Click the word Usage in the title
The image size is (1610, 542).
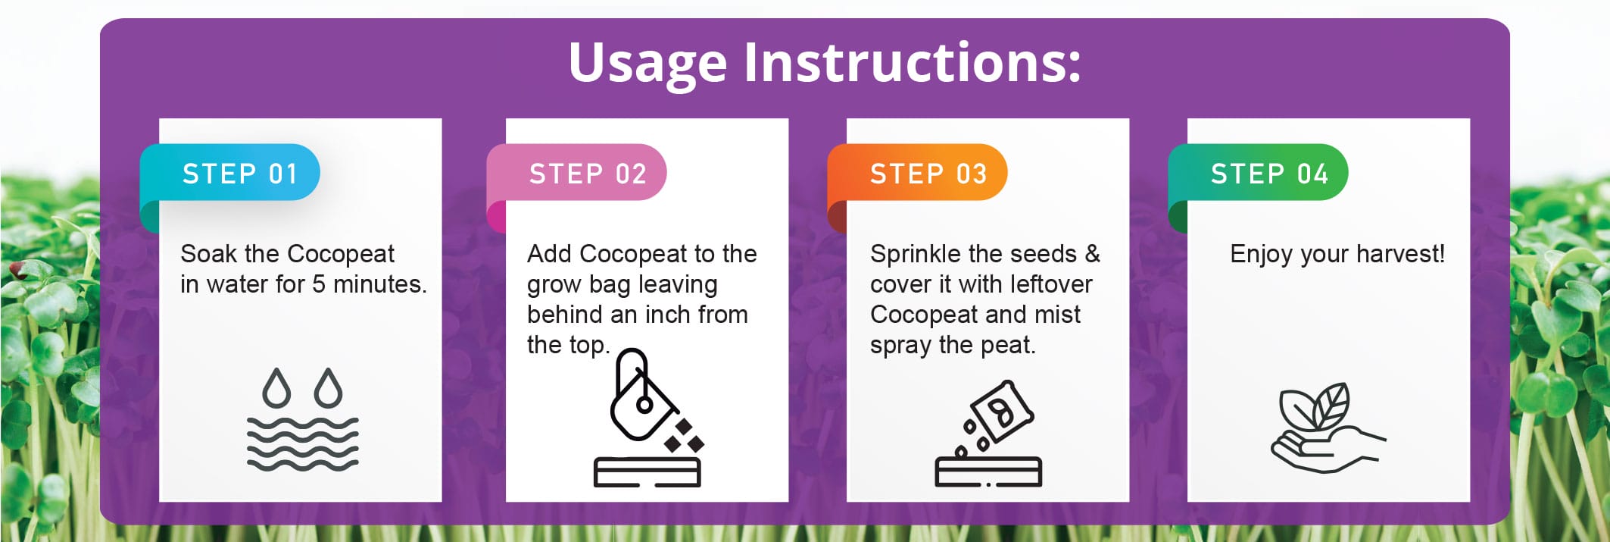[x=647, y=64]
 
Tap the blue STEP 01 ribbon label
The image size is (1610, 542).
[x=239, y=174]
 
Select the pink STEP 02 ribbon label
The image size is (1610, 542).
[x=587, y=174]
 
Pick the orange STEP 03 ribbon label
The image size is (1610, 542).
[x=928, y=174]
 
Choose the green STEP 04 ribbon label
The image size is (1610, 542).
[x=1268, y=174]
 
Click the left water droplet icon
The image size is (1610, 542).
[x=276, y=388]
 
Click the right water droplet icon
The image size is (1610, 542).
[x=328, y=388]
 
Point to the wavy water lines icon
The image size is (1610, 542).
[x=302, y=443]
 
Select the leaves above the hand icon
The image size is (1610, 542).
[x=1315, y=406]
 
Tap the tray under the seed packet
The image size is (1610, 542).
[x=988, y=472]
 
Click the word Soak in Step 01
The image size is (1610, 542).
[x=209, y=254]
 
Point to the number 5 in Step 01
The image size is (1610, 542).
[x=318, y=284]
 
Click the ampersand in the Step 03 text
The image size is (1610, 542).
[x=1091, y=254]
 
